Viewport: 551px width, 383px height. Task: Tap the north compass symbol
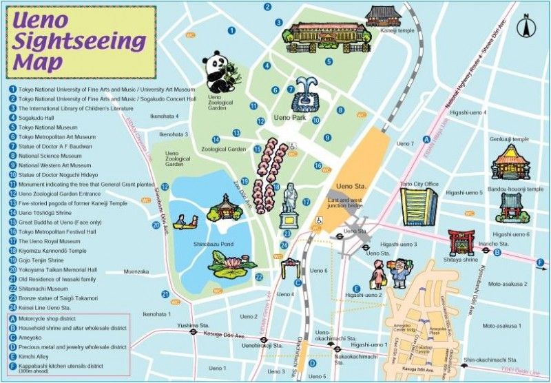tap(529, 25)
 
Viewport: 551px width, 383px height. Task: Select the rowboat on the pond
tap(185, 222)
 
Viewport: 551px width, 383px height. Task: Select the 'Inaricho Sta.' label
tap(494, 242)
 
